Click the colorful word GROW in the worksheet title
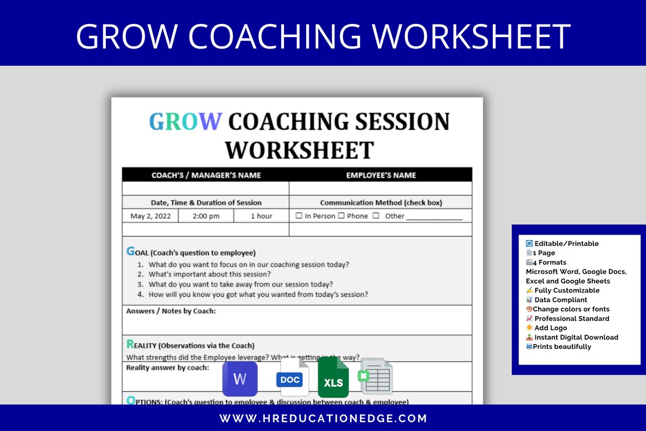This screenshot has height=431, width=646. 185,122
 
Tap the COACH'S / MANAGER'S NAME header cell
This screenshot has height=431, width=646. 206,175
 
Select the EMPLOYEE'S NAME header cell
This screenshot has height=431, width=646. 381,175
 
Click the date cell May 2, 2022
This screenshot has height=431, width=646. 151,216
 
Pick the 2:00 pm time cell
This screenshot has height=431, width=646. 206,216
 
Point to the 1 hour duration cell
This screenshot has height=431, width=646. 261,216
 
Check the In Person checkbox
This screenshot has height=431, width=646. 299,216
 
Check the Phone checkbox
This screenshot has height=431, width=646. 341,216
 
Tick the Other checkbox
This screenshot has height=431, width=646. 376,216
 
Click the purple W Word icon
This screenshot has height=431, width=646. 240,378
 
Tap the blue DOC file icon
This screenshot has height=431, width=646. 292,378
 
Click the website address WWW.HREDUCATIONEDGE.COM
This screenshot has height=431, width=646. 323,418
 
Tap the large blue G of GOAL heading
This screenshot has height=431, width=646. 131,251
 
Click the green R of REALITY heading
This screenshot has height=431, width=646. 130,344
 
